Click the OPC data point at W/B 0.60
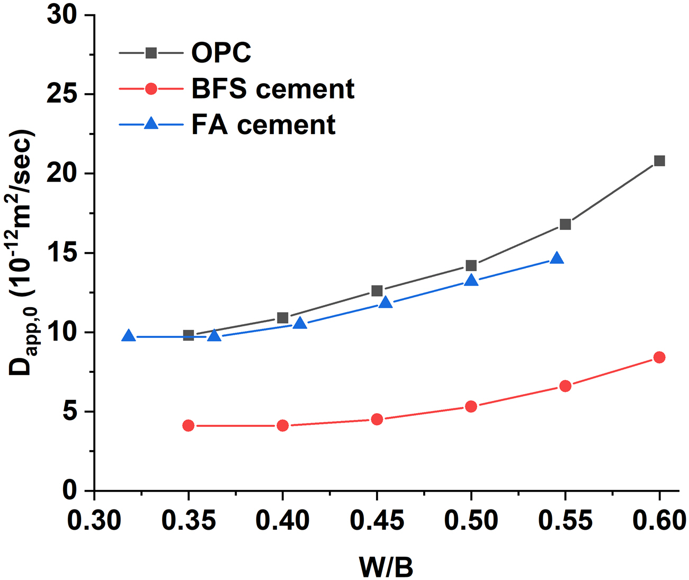659,161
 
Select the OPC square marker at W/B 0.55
565,224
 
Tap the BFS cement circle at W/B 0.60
659,358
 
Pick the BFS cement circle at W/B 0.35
189,425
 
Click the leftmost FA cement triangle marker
128,336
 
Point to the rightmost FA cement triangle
557,258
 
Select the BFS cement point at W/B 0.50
471,406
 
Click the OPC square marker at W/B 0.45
377,291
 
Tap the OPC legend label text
221,52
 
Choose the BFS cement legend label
272,88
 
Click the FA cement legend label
263,124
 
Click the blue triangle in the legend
151,124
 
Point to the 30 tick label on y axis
62,15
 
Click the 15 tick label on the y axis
62,253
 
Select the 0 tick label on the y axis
70,490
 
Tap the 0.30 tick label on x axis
94,521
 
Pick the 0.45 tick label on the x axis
377,521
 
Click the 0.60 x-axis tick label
659,521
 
